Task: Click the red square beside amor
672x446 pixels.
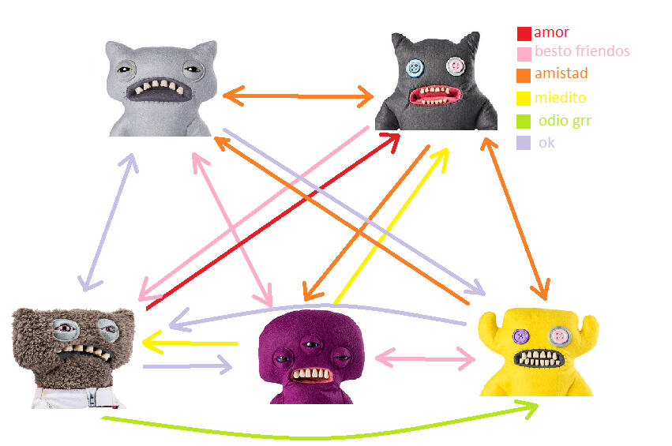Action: click(524, 34)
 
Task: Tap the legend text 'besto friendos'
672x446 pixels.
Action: click(582, 52)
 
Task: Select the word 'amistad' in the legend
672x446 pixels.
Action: click(561, 73)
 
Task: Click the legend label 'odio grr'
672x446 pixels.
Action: click(565, 121)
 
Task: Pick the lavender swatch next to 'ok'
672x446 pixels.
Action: click(524, 143)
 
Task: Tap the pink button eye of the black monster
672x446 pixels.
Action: click(455, 65)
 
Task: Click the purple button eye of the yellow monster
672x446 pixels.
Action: click(521, 336)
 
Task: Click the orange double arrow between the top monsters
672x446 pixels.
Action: click(298, 96)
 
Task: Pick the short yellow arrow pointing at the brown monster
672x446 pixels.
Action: click(190, 343)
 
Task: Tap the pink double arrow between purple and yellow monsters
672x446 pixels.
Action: click(425, 358)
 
